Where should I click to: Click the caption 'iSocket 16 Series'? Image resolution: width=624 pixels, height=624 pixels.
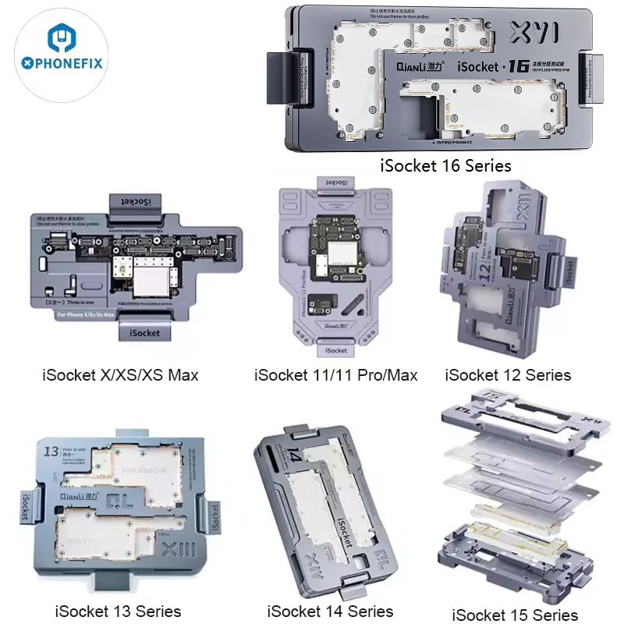445,165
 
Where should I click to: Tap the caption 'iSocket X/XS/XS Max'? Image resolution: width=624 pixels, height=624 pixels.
120,375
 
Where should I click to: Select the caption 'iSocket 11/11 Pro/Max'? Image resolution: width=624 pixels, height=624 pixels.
335,375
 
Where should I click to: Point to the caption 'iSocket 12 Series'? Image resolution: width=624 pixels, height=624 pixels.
508,375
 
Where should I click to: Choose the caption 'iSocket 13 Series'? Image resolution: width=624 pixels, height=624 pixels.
118,611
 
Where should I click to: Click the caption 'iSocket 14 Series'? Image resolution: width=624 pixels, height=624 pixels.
330,611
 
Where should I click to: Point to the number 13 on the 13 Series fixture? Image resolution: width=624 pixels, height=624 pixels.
51,452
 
